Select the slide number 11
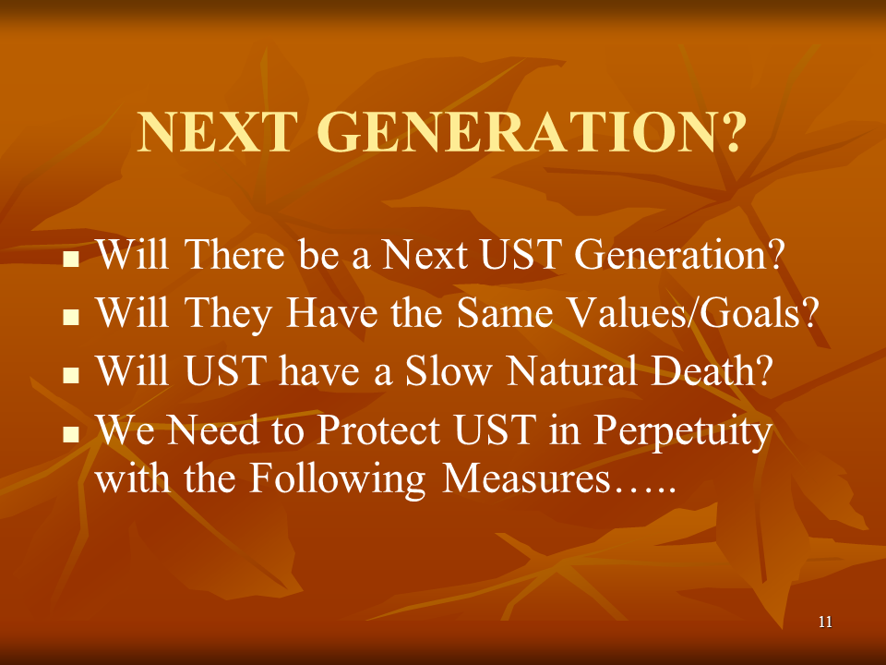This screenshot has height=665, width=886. pos(825,622)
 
